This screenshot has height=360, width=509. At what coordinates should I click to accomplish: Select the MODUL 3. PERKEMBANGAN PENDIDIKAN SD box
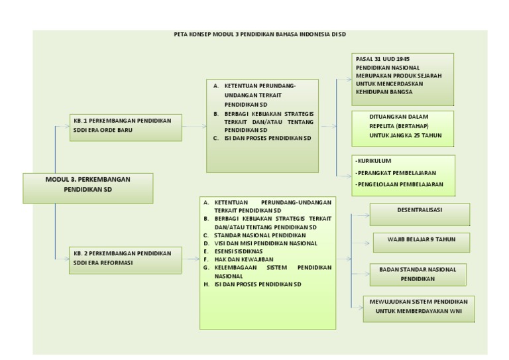coord(88,188)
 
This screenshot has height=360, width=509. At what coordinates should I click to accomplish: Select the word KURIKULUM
coord(374,161)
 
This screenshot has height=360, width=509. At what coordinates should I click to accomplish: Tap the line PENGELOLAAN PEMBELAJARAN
coord(400,184)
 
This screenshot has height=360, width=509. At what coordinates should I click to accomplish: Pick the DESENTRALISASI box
coord(420,213)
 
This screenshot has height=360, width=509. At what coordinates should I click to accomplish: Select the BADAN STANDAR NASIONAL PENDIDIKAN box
coord(418,274)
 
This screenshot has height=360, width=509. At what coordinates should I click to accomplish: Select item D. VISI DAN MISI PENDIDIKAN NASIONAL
coord(265,243)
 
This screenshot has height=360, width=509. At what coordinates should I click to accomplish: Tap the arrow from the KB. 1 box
coord(194,125)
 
